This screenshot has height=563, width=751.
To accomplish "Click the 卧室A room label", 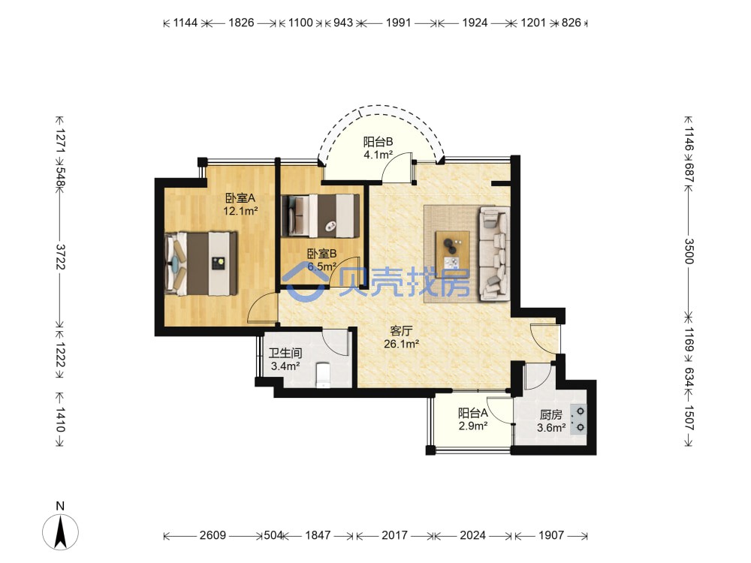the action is tap(240, 197).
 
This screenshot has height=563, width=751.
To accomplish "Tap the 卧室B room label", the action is tap(322, 254).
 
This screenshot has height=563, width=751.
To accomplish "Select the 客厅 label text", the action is tap(401, 331).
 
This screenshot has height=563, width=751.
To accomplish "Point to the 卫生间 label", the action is tap(285, 354).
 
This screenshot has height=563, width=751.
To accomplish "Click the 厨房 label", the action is tap(550, 414).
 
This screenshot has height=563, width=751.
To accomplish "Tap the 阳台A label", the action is tap(472, 413).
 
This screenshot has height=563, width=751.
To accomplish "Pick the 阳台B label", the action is tap(378, 142).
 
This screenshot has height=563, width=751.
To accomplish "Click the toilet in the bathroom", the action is tap(323, 375).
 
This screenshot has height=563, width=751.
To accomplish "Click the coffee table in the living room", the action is tap(453, 251).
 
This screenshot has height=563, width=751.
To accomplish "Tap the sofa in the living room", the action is tap(494, 253).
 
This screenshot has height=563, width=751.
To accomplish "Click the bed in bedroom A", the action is tap(201, 263).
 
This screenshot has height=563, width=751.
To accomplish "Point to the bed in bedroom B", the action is tap(321, 215).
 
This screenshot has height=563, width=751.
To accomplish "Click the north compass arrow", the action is tap(60, 531).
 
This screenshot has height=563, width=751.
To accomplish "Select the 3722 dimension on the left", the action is tap(60, 257).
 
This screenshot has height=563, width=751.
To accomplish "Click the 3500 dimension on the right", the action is tap(688, 251).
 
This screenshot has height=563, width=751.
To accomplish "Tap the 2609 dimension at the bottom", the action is tap(213, 535).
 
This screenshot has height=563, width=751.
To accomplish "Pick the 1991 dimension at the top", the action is tap(399, 23).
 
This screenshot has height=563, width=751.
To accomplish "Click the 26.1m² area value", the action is tap(401, 344).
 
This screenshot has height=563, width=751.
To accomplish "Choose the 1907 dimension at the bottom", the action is tap(551, 535).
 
